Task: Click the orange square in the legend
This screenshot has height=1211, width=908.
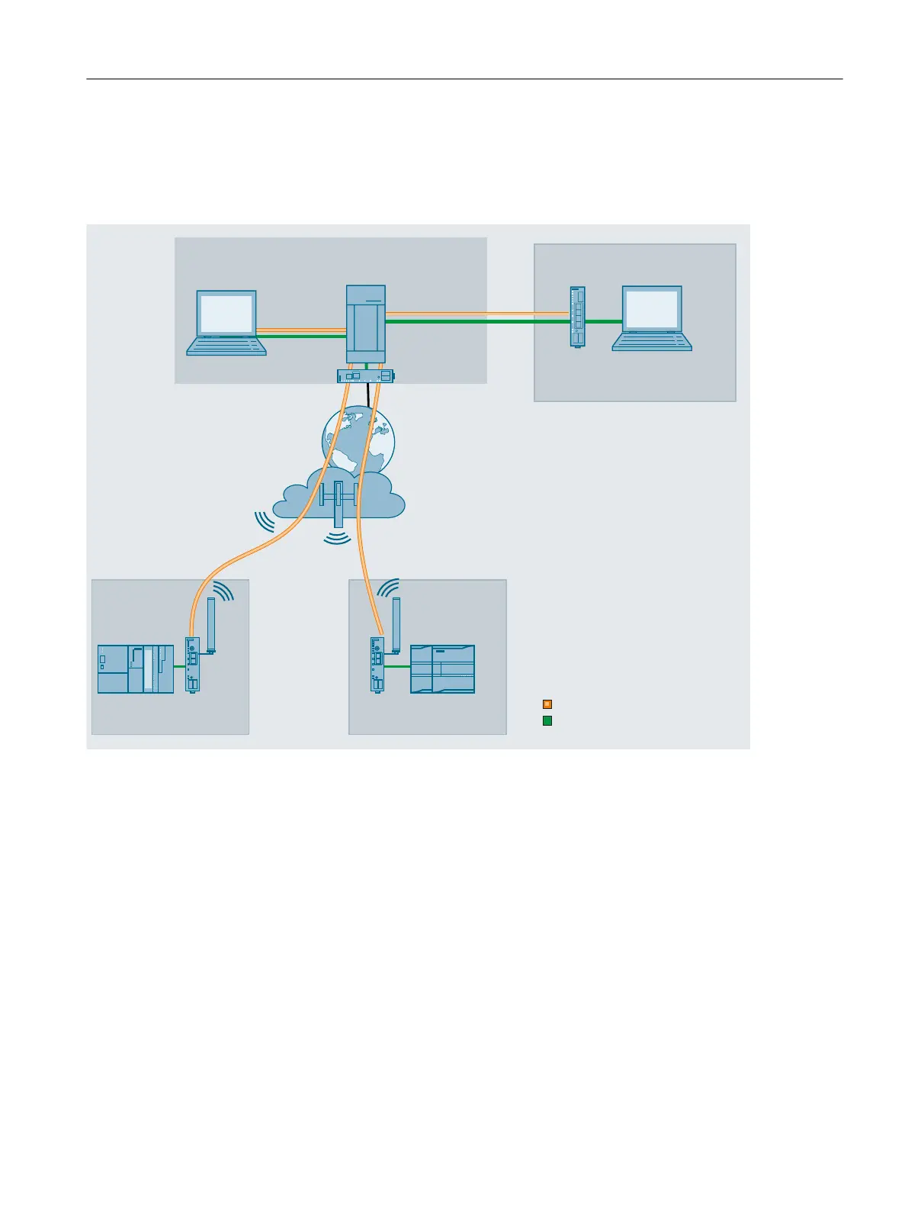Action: pyautogui.click(x=547, y=704)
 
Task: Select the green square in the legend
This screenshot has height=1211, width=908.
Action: pyautogui.click(x=547, y=720)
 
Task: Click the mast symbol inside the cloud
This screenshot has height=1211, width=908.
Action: pyautogui.click(x=338, y=500)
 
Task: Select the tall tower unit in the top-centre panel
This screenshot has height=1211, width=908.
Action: pyautogui.click(x=366, y=324)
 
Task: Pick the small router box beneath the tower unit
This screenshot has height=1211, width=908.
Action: pyautogui.click(x=366, y=375)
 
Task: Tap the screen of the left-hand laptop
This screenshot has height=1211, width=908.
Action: pyautogui.click(x=226, y=314)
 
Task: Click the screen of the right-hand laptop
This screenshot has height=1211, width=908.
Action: pyautogui.click(x=652, y=309)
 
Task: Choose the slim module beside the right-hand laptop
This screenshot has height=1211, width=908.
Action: pyautogui.click(x=578, y=317)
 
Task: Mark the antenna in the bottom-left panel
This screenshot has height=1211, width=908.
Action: pyautogui.click(x=212, y=626)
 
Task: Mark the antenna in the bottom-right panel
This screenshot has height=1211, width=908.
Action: pyautogui.click(x=396, y=625)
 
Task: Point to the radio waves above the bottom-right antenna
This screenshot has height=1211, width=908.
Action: pyautogui.click(x=388, y=588)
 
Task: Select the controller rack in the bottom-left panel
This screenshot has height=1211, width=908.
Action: pyautogui.click(x=136, y=669)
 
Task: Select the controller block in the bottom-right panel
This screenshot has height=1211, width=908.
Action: pyautogui.click(x=442, y=669)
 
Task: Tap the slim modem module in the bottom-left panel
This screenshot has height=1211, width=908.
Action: pyautogui.click(x=192, y=665)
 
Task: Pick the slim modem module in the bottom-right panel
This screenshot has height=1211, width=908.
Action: pyautogui.click(x=377, y=665)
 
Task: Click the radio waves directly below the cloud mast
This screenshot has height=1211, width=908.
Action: pyautogui.click(x=338, y=538)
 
